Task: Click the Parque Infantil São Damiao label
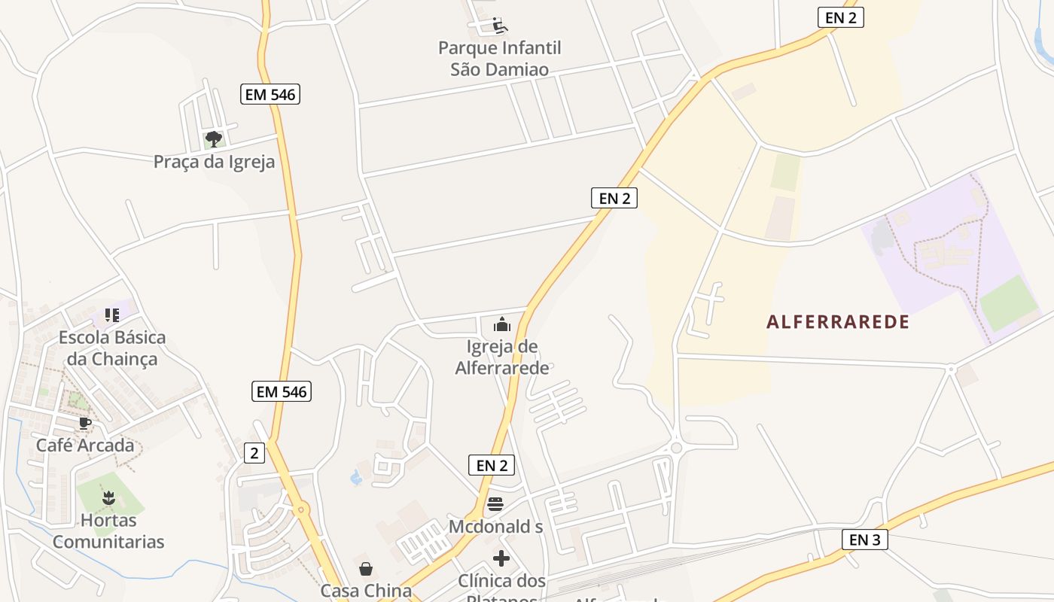[x=500, y=59]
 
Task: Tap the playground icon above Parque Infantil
[x=500, y=26]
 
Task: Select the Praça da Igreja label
[x=214, y=162]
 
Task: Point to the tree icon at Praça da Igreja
[x=214, y=138]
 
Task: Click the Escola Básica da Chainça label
[x=112, y=348]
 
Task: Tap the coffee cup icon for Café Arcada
[x=85, y=423]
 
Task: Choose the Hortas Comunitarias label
[x=108, y=531]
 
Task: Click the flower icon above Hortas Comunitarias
[x=108, y=497]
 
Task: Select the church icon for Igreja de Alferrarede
[x=501, y=325]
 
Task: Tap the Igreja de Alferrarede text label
[x=502, y=357]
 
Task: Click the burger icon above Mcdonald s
[x=495, y=504]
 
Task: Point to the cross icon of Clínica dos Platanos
[x=501, y=558]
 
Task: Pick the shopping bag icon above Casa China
[x=366, y=569]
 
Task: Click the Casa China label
[x=366, y=591]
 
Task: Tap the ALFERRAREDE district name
[x=838, y=322]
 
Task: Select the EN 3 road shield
[x=864, y=540]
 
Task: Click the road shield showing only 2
[x=255, y=453]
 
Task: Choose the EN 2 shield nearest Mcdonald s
[x=492, y=465]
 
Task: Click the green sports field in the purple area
[x=1009, y=303]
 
